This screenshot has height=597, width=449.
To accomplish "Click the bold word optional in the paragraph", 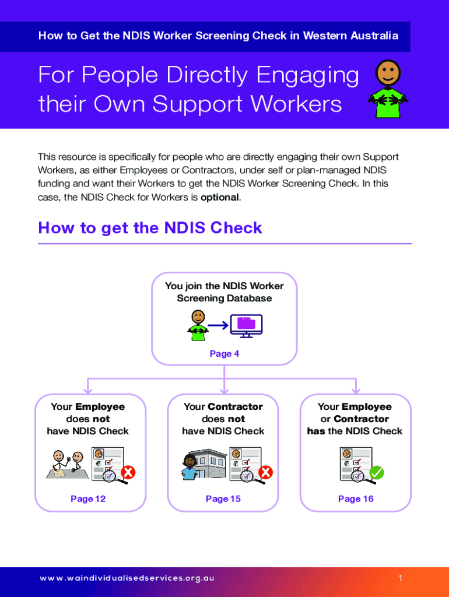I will click(219, 197).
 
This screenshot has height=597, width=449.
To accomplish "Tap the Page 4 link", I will click(224, 353).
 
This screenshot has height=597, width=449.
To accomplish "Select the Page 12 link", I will click(88, 498).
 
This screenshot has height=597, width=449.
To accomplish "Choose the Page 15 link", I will click(223, 498).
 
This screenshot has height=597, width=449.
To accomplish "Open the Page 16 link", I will click(356, 498).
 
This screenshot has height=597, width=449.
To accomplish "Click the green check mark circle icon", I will click(377, 472).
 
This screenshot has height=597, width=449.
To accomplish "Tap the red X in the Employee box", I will click(128, 472).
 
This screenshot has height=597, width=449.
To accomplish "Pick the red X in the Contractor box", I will click(265, 472).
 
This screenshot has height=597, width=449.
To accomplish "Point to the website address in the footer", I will click(127, 578).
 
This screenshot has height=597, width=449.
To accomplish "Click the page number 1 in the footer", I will click(401, 578).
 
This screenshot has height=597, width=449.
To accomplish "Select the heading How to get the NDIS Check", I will click(150, 227).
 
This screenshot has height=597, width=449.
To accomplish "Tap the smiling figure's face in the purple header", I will click(387, 72).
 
